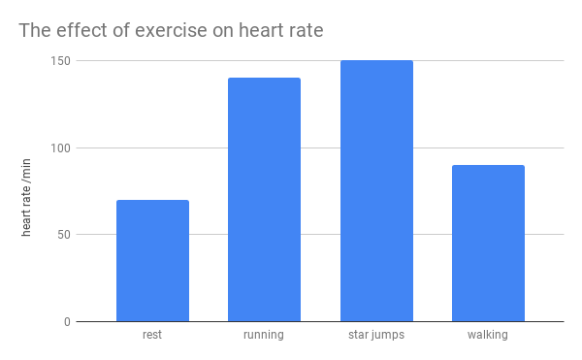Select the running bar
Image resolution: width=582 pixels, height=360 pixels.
pos(264,199)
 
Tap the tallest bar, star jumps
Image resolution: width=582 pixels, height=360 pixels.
pos(376,190)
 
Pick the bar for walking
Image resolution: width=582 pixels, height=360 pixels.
pos(488,243)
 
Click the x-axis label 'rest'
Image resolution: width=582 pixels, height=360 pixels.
pos(152,336)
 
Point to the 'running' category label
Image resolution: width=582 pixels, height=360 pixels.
pos(264,336)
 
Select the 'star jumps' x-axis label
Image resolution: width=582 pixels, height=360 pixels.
pos(376,336)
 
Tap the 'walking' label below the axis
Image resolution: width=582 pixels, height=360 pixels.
pos(488,336)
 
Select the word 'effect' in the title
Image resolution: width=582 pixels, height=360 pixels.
pos(83,30)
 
